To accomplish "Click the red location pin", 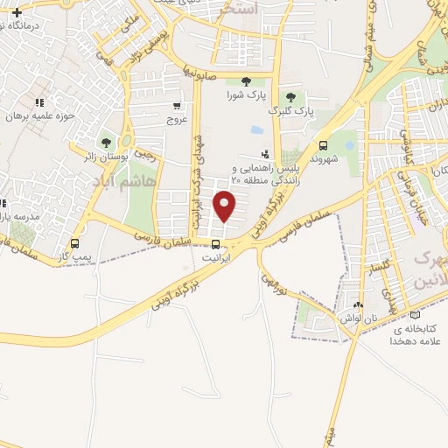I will (226, 206).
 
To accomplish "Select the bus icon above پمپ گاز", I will (74, 244).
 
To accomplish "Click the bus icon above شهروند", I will (325, 146).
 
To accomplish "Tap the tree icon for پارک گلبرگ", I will (290, 97).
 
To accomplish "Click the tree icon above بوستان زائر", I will (106, 142).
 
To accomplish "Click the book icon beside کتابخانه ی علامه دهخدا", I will (415, 316).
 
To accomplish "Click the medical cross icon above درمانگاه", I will (17, 13).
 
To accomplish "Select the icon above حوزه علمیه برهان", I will (38, 101).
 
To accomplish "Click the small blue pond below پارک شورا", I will (256, 129).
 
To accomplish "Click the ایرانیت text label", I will (214, 259).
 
